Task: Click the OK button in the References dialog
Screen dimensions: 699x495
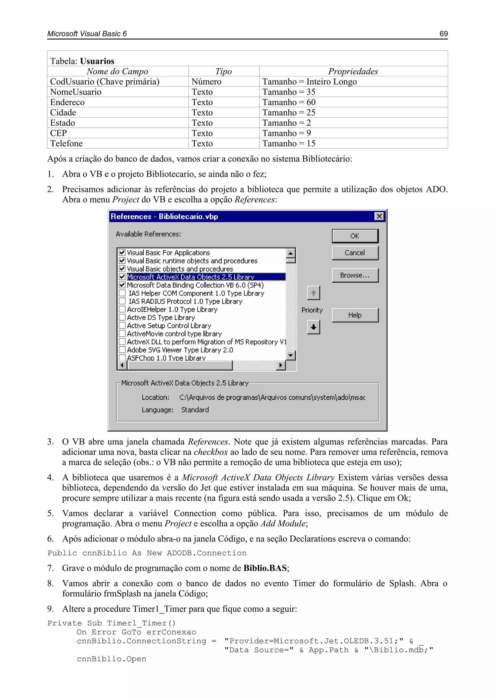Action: click(x=355, y=236)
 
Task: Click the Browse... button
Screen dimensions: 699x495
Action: click(x=355, y=275)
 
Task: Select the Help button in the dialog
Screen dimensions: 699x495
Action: click(x=355, y=315)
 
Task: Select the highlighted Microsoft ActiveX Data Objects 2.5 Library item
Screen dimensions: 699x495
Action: click(x=190, y=277)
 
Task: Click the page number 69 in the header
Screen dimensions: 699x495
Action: click(x=444, y=34)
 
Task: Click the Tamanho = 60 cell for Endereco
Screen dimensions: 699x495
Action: click(x=289, y=102)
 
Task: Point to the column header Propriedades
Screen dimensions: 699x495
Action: click(x=353, y=71)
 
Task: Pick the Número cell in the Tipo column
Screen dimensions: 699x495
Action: click(x=206, y=82)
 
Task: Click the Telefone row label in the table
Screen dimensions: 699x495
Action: click(x=66, y=143)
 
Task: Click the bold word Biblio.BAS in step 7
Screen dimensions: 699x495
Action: click(x=265, y=568)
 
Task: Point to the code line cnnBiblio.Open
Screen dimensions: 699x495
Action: click(x=111, y=659)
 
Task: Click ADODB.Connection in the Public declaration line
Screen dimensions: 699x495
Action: click(x=206, y=553)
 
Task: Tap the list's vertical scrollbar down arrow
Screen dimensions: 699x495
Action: click(x=291, y=355)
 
